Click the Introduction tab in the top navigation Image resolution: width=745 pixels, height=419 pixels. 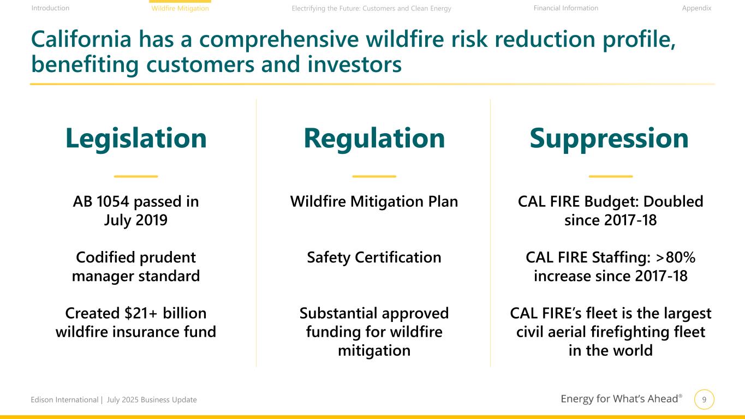(50, 8)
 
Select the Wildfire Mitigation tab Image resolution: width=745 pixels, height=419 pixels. (180, 8)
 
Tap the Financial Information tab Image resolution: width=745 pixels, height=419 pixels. (566, 8)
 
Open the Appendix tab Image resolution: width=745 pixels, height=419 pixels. (696, 8)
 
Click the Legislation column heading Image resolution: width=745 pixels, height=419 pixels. (136, 139)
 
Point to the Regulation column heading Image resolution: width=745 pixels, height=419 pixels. (374, 139)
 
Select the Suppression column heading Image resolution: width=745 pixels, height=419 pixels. (609, 139)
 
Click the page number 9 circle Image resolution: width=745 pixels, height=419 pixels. (704, 399)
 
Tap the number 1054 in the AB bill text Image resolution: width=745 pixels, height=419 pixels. (113, 201)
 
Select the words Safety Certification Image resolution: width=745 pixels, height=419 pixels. (374, 258)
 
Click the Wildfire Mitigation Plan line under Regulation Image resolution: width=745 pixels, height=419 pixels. (374, 202)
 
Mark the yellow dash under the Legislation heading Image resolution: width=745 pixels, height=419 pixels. (136, 176)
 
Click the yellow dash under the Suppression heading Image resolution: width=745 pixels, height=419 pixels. (611, 176)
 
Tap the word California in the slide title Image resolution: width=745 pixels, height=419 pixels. (81, 39)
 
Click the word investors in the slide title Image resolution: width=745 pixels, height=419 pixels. (355, 64)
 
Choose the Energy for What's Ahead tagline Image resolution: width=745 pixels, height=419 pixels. (621, 399)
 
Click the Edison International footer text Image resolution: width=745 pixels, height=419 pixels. (64, 400)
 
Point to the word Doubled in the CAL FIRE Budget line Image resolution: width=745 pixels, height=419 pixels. (673, 201)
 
